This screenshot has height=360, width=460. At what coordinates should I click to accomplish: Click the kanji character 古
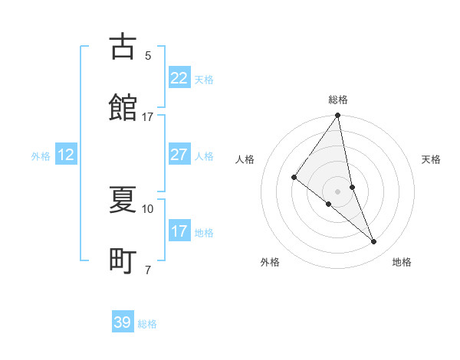(123, 47)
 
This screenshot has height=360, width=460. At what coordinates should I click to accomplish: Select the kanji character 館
(123, 108)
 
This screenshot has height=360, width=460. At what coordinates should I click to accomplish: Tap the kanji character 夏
(123, 200)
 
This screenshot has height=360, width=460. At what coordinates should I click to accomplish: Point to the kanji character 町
(123, 261)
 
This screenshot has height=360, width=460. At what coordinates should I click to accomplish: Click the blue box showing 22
(179, 78)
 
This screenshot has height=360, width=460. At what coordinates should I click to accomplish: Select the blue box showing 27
(179, 155)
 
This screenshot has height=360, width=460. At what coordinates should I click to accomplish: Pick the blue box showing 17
(179, 231)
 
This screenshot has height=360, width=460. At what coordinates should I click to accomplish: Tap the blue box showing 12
(66, 155)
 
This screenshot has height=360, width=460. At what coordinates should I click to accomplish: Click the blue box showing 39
(123, 322)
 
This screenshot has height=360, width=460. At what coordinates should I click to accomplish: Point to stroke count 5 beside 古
(148, 55)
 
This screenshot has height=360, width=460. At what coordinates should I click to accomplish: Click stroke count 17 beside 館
(148, 116)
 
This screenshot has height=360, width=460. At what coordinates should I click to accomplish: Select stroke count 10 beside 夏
(148, 208)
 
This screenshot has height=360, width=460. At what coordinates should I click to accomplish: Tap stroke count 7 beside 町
(148, 270)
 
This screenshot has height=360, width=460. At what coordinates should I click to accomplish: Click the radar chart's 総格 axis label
(338, 100)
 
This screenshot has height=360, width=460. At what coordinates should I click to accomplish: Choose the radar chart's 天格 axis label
(431, 160)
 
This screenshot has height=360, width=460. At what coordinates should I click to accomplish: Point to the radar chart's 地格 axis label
(402, 262)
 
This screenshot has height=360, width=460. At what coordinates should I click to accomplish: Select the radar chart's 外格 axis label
(270, 262)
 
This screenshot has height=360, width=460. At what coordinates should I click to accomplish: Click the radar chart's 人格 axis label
(245, 160)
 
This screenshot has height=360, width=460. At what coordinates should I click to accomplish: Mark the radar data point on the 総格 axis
(338, 116)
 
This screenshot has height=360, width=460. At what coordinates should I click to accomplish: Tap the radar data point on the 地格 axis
(374, 241)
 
